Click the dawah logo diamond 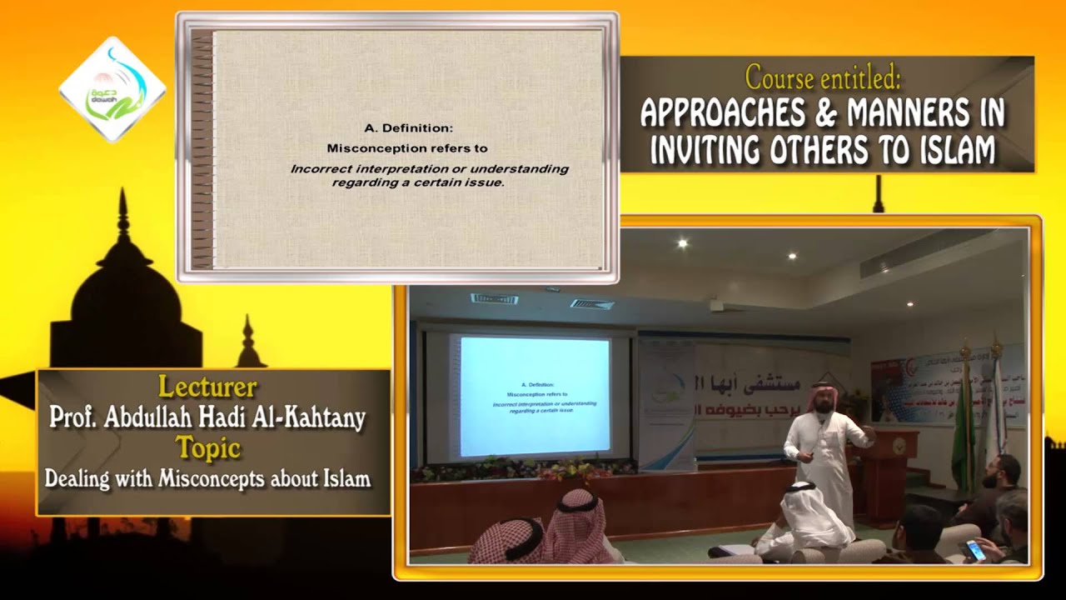[x=112, y=89]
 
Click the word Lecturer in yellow [x=207, y=387]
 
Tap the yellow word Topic [x=207, y=448]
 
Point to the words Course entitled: [x=823, y=77]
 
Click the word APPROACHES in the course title [x=723, y=112]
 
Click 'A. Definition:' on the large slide [x=408, y=128]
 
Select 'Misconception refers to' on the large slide [x=406, y=148]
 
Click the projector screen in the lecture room [x=535, y=397]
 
